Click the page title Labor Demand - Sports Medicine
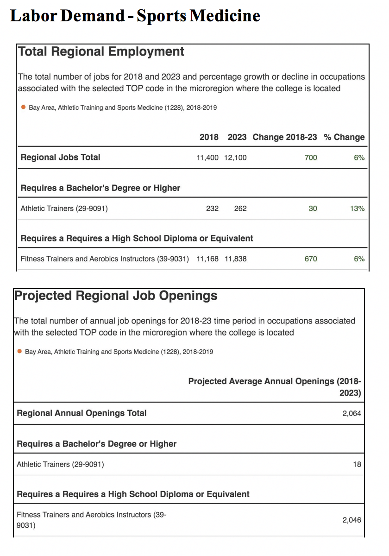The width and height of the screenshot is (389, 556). [135, 16]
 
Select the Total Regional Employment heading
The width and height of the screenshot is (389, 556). [101, 51]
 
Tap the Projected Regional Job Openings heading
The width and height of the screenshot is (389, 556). [116, 296]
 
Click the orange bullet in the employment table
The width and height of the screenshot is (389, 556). [23, 107]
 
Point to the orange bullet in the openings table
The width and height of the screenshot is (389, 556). [19, 351]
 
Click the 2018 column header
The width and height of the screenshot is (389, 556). [209, 137]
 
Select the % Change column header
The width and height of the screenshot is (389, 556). [344, 137]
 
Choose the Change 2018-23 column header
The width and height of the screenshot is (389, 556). [285, 137]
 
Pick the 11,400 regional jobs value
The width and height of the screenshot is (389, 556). [207, 158]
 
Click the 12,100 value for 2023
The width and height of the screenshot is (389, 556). [235, 158]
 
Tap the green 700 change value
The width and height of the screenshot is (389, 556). [311, 158]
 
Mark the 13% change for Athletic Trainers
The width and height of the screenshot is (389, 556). [357, 208]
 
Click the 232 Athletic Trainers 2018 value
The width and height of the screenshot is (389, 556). [212, 208]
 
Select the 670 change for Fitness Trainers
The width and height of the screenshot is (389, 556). [311, 259]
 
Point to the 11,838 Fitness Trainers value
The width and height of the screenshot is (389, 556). [235, 259]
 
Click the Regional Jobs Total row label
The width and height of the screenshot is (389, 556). [60, 157]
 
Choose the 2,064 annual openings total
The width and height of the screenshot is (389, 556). [351, 413]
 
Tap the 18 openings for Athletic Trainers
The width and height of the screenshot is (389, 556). [357, 464]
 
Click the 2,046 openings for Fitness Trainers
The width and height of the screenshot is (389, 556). [351, 520]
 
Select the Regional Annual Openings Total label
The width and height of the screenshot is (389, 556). [82, 413]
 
